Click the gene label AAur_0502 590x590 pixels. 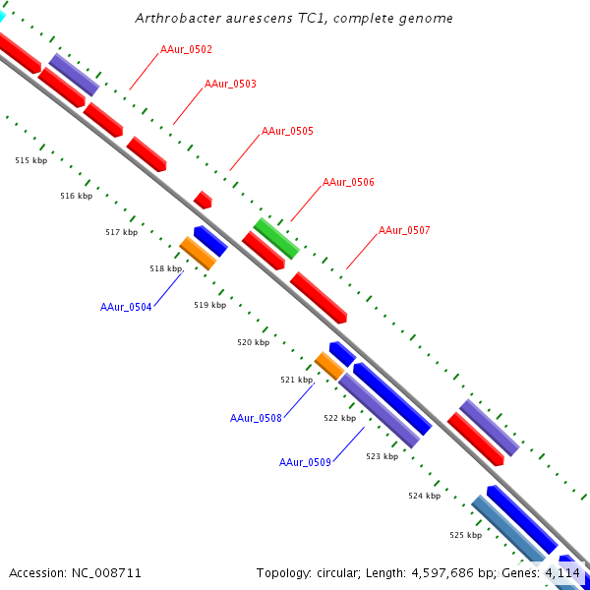click(x=186, y=49)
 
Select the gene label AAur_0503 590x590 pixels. click(x=230, y=84)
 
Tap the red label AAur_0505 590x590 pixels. click(x=287, y=131)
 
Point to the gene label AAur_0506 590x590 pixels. click(x=348, y=182)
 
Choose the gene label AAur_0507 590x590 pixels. click(x=404, y=230)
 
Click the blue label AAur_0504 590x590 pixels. click(x=126, y=307)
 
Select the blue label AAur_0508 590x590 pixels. click(x=256, y=418)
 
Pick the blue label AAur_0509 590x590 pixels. click(x=305, y=462)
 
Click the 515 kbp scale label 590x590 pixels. click(x=30, y=159)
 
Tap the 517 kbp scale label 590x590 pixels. click(x=121, y=232)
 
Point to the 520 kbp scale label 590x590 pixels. click(x=253, y=342)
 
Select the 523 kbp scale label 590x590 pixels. click(x=382, y=456)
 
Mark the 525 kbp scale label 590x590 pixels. click(x=465, y=535)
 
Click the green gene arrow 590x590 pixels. click(x=276, y=239)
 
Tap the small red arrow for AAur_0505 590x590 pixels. click(x=203, y=200)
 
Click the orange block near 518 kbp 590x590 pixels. click(x=198, y=254)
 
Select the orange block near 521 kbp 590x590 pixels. click(x=329, y=366)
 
